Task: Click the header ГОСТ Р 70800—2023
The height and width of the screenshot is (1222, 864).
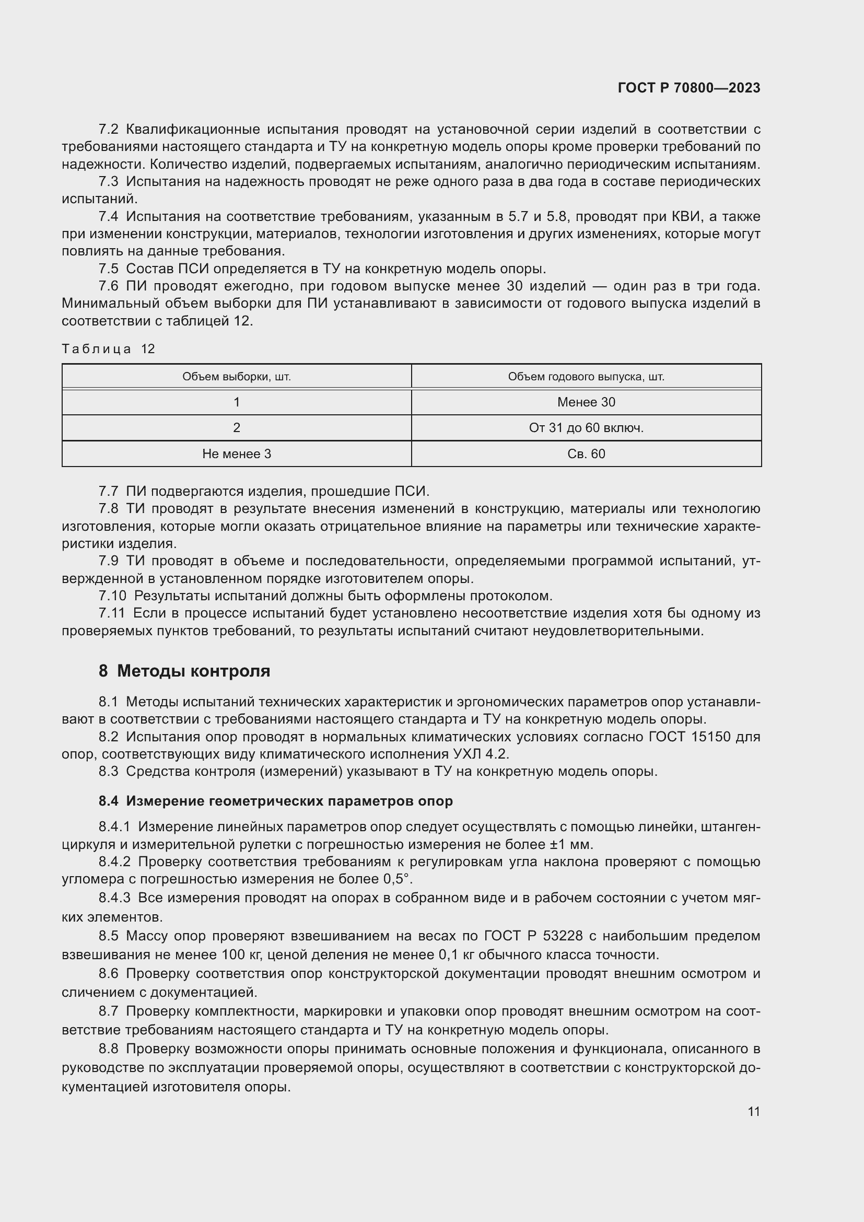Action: tap(688, 88)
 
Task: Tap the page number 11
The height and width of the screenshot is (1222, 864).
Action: tap(753, 1111)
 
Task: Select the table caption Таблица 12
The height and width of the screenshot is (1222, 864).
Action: tap(108, 349)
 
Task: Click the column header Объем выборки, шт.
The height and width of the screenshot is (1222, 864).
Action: tap(236, 377)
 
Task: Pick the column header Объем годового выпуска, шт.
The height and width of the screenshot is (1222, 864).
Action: tap(586, 377)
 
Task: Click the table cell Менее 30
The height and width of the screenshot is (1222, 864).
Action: tap(586, 402)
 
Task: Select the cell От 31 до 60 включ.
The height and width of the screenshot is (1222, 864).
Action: tap(586, 428)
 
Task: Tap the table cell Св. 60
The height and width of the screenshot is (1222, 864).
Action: tap(586, 454)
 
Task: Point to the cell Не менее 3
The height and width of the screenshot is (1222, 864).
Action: tap(236, 454)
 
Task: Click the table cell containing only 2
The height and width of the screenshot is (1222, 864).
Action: tap(236, 428)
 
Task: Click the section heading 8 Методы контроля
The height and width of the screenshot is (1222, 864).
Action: tap(184, 671)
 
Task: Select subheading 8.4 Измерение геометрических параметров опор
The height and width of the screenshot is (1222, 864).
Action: tap(275, 801)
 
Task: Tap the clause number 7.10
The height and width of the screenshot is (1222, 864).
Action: tap(112, 596)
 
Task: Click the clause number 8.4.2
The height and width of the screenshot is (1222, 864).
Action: tap(114, 862)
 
